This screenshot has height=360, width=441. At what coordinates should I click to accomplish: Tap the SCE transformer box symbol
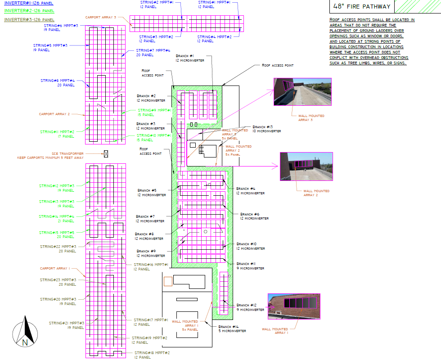coord(106,153)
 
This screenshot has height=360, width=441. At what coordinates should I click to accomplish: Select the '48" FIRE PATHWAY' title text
coord(355,7)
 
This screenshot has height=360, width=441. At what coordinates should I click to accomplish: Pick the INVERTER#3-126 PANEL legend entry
coord(29,20)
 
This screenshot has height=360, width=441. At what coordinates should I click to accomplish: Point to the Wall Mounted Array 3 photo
coord(302,92)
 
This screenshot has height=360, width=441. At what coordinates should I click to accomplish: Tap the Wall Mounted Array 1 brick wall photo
coord(294,306)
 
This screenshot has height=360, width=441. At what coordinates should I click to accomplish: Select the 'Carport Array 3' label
coord(103,17)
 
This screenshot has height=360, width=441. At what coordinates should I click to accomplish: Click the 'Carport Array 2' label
coord(54,114)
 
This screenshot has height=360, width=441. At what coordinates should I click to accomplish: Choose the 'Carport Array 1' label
coord(55,268)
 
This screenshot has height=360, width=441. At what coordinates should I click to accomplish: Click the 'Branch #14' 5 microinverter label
coord(232,328)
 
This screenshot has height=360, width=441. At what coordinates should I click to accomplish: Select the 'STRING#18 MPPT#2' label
coord(152,355)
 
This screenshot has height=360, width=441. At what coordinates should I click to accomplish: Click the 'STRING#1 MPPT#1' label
coord(214,5)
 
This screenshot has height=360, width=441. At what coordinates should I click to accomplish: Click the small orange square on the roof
coord(168,281)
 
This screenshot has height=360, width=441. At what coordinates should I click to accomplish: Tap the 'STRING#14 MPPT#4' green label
coord(57,219)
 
